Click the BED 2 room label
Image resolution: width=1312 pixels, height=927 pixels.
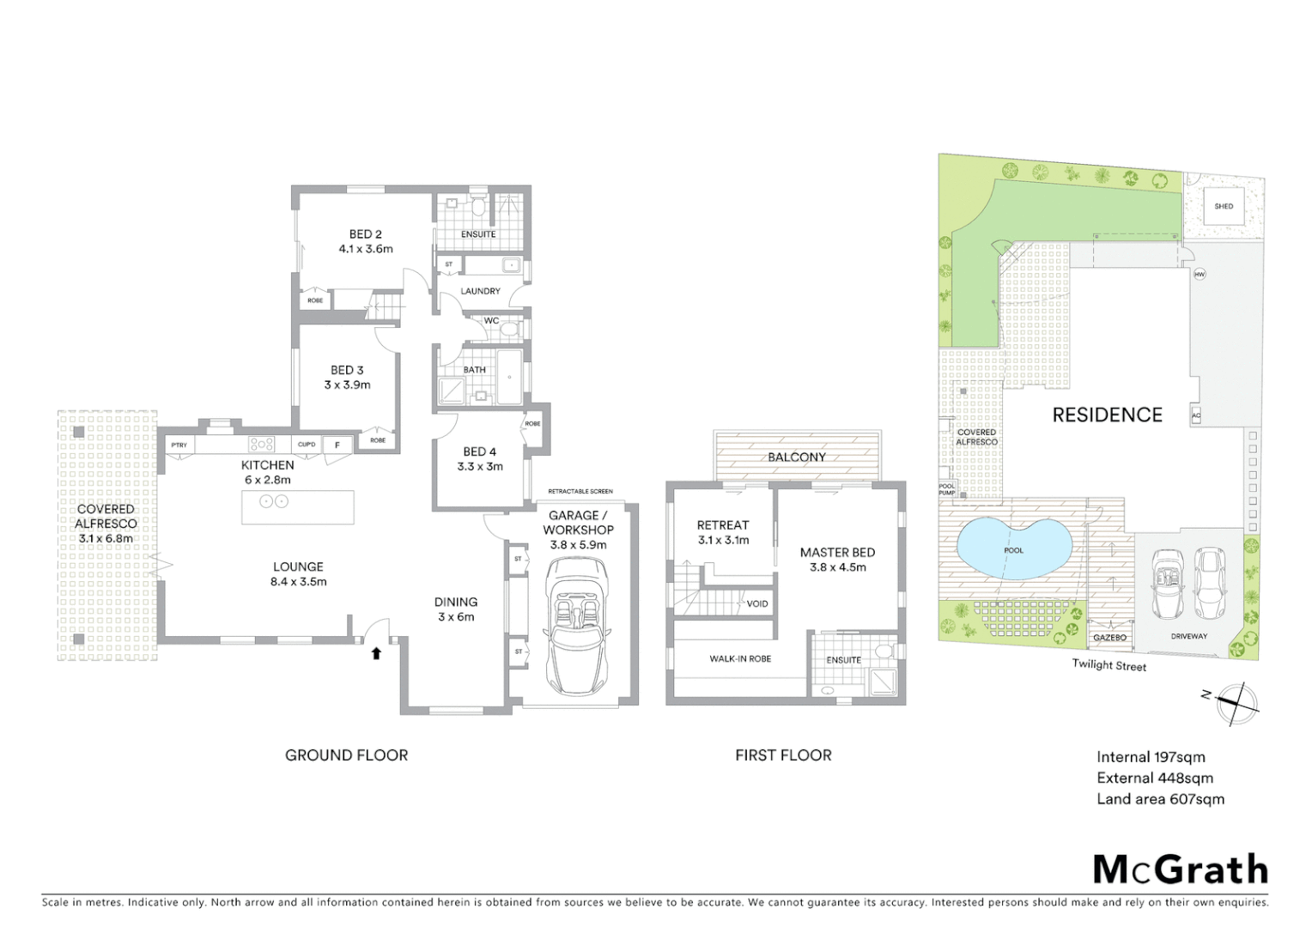365,234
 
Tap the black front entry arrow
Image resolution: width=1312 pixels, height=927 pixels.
375,654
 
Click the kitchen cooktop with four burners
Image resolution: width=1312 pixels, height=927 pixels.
261,444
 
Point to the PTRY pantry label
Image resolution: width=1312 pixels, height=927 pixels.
179,445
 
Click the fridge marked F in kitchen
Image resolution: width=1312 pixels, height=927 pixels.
337,445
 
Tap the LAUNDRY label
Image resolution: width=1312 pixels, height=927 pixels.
480,291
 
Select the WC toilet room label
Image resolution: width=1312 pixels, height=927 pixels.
491,321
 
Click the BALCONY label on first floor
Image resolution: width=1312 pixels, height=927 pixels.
796,457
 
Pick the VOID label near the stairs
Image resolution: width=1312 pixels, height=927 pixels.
756,603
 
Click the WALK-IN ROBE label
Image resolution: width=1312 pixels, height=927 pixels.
739,658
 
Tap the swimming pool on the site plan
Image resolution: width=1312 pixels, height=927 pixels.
1013,549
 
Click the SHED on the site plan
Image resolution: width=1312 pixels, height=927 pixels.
1224,206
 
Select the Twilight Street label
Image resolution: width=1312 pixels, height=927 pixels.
1109,664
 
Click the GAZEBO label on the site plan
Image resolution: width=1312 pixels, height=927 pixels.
1109,638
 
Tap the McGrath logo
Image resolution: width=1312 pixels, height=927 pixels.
1181,869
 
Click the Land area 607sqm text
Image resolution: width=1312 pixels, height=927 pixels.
1160,799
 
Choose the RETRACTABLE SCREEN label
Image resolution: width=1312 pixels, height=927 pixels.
580,491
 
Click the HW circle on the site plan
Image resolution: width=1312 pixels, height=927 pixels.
1200,275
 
